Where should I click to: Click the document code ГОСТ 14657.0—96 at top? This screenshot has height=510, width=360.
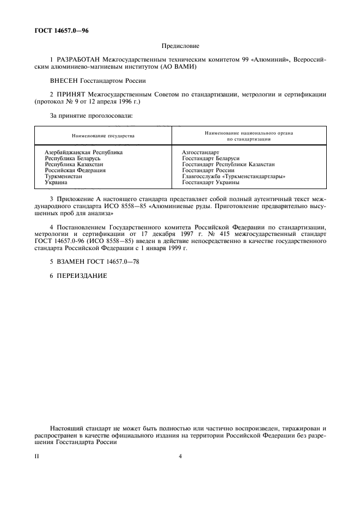[61, 31]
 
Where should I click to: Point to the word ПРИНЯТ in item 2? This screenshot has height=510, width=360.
[72, 94]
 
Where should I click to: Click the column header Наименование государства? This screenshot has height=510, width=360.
[103, 135]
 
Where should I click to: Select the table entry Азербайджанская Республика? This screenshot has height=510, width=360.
[83, 153]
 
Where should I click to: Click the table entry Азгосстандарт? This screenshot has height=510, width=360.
[201, 153]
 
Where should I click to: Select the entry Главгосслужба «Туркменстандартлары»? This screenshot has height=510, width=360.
[234, 177]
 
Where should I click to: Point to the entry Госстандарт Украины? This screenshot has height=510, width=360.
[211, 183]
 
